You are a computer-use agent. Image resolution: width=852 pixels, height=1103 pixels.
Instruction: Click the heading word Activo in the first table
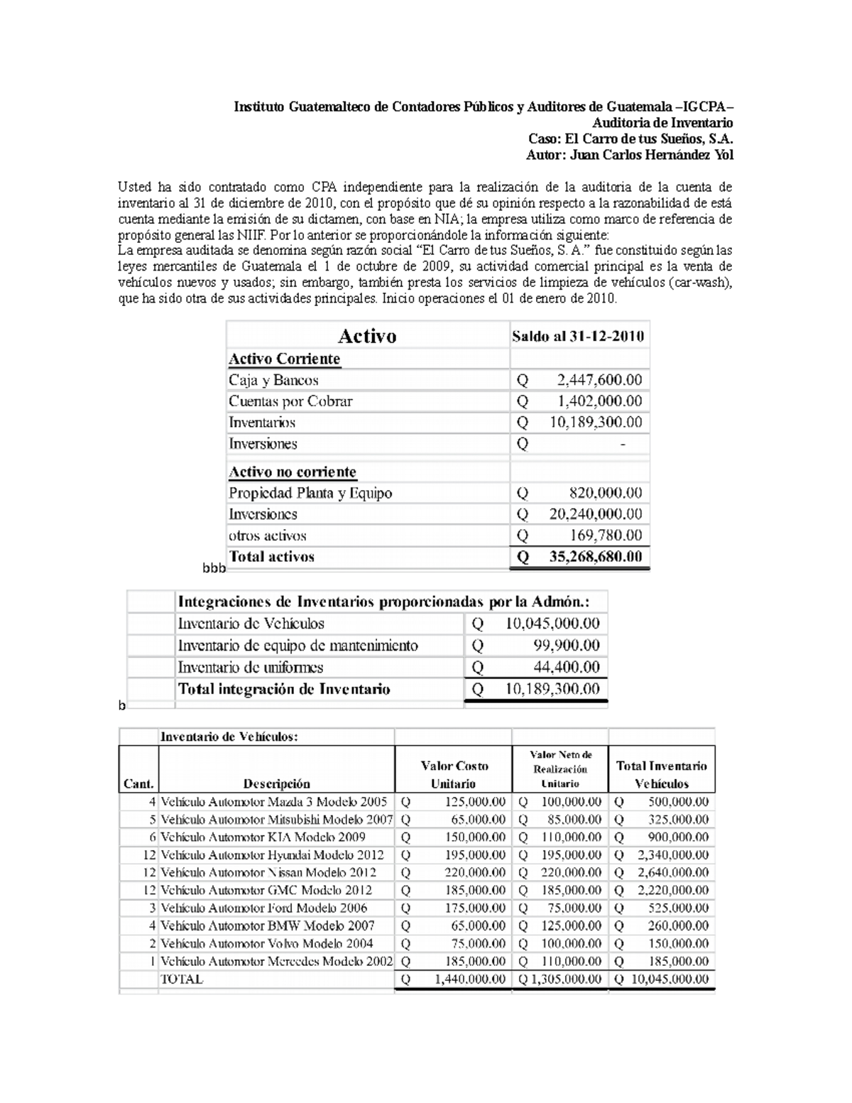(366, 336)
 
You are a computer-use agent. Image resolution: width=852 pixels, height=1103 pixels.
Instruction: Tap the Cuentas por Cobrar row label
(290, 401)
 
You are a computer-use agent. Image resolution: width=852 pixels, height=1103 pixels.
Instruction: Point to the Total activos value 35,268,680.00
(595, 557)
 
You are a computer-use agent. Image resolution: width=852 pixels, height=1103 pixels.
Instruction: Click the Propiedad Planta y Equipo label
(310, 493)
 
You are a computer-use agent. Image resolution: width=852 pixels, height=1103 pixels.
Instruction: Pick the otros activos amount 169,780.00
(606, 536)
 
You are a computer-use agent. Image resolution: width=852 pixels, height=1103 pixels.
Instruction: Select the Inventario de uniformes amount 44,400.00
(567, 667)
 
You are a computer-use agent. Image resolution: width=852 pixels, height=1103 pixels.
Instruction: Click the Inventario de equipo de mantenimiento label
(297, 646)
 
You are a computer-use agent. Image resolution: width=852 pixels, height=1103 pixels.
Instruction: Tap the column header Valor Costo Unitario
(454, 774)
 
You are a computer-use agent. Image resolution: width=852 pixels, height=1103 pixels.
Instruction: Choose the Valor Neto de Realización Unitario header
(560, 769)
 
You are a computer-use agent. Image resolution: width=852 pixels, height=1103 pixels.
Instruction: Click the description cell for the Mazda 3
(274, 802)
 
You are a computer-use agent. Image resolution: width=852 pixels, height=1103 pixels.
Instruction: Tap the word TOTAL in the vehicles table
(182, 979)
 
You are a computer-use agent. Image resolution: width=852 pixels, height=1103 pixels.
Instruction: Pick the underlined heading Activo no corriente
(293, 472)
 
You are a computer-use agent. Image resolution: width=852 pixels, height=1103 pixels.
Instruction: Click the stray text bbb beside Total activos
(214, 568)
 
